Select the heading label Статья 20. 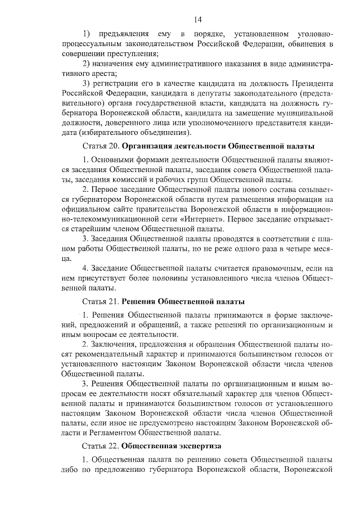101,147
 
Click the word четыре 301,248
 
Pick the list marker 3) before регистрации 87,83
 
